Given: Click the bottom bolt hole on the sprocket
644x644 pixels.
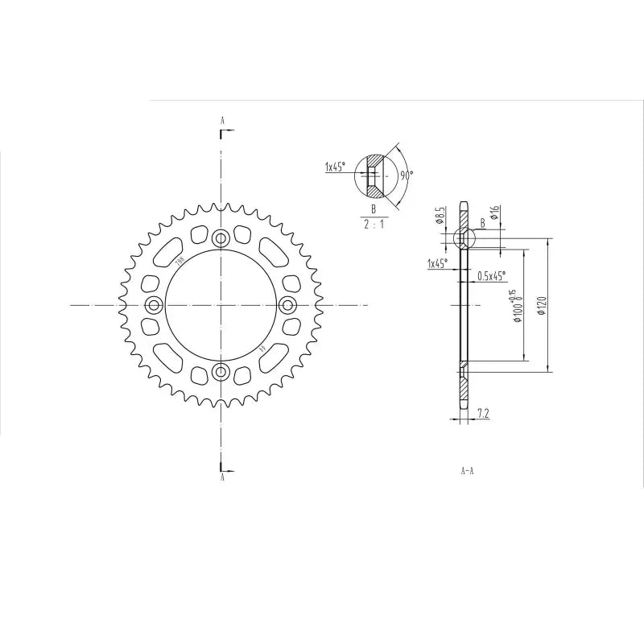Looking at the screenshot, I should coord(221,372).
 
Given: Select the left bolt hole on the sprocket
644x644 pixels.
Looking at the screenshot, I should coord(154,305).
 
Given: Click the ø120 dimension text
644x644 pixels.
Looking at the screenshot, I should coord(542,306).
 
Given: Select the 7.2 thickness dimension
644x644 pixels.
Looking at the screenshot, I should coord(484,414).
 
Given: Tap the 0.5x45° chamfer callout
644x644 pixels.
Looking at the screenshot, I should coord(491,276).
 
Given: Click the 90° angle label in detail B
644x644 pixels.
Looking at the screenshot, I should coord(407,174).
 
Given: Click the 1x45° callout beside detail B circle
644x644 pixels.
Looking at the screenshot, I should coord(335,167).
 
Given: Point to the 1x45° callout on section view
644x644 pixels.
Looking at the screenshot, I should coord(440,263).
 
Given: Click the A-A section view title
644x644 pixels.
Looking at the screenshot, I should coord(467,472).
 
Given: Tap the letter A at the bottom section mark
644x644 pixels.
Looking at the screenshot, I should coord(222,477).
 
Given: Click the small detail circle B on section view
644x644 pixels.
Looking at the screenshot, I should coord(464,238).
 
